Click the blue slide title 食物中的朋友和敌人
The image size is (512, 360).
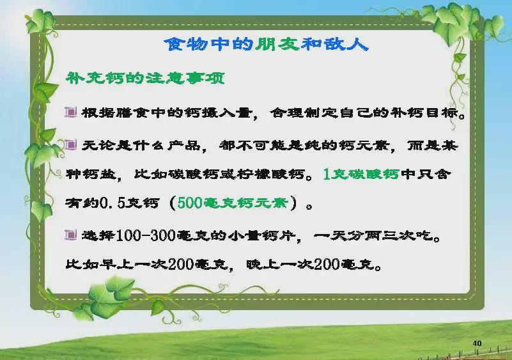tap(266, 44)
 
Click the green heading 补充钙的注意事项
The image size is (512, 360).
tap(146, 79)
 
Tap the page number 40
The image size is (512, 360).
tap(477, 343)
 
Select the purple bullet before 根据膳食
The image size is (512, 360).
tap(70, 112)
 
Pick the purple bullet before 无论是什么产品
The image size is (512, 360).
tap(70, 145)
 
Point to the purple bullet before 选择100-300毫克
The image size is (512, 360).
tap(70, 235)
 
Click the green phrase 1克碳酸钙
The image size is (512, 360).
tap(361, 174)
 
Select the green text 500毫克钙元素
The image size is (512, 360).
tap(233, 203)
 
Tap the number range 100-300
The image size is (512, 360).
tap(146, 235)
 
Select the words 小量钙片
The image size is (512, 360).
tap(261, 235)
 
